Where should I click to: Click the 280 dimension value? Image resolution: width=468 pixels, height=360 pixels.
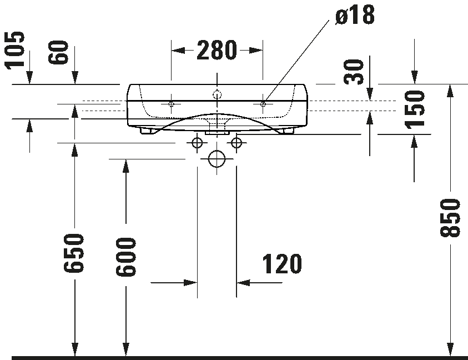pyautogui.click(x=217, y=51)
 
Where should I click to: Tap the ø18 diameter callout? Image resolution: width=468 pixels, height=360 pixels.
pyautogui.click(x=355, y=15)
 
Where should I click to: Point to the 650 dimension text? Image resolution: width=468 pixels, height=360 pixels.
pyautogui.click(x=74, y=253)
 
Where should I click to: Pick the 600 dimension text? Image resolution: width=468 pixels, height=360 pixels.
pyautogui.click(x=126, y=257)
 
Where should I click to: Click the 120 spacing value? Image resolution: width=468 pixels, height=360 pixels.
pyautogui.click(x=281, y=264)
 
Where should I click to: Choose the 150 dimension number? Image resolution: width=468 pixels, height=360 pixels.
pyautogui.click(x=415, y=109)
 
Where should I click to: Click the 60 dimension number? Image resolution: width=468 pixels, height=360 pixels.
pyautogui.click(x=59, y=53)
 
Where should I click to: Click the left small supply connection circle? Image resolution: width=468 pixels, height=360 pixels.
pyautogui.click(x=197, y=143)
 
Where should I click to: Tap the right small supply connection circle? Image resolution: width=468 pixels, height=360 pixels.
pyautogui.click(x=237, y=143)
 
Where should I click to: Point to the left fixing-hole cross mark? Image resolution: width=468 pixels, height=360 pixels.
pyautogui.click(x=172, y=103)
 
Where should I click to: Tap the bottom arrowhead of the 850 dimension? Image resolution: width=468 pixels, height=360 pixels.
pyautogui.click(x=450, y=349)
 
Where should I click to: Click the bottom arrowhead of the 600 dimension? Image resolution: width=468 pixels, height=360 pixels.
pyautogui.click(x=126, y=349)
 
